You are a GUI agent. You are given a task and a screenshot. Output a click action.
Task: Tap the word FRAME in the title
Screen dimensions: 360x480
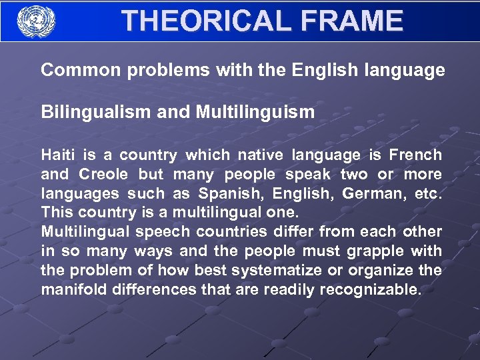coord(352,21)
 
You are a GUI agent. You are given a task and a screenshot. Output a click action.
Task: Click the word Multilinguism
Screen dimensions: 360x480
coord(255,112)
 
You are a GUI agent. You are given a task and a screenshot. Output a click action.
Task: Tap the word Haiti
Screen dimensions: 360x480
coord(59,155)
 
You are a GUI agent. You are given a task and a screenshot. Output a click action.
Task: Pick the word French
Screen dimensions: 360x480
coord(415,155)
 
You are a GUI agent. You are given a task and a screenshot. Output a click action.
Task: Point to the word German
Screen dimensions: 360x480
coord(370,194)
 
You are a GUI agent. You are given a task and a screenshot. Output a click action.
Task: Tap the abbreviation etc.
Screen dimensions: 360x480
coord(427,194)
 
